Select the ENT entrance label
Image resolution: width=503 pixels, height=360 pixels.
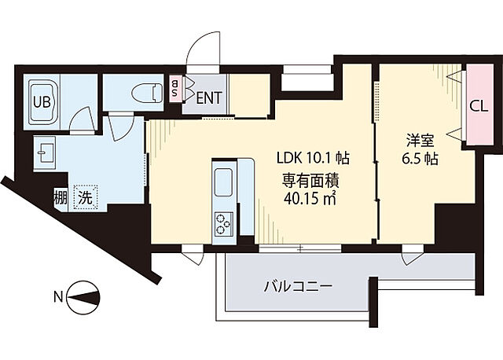[x=208, y=98]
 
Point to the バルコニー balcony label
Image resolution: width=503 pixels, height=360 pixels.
[x=299, y=286]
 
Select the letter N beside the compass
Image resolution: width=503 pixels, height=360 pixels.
[x=58, y=297]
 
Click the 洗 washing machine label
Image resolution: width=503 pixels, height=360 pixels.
[x=84, y=197]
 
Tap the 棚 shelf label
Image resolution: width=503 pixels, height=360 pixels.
[x=60, y=197]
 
